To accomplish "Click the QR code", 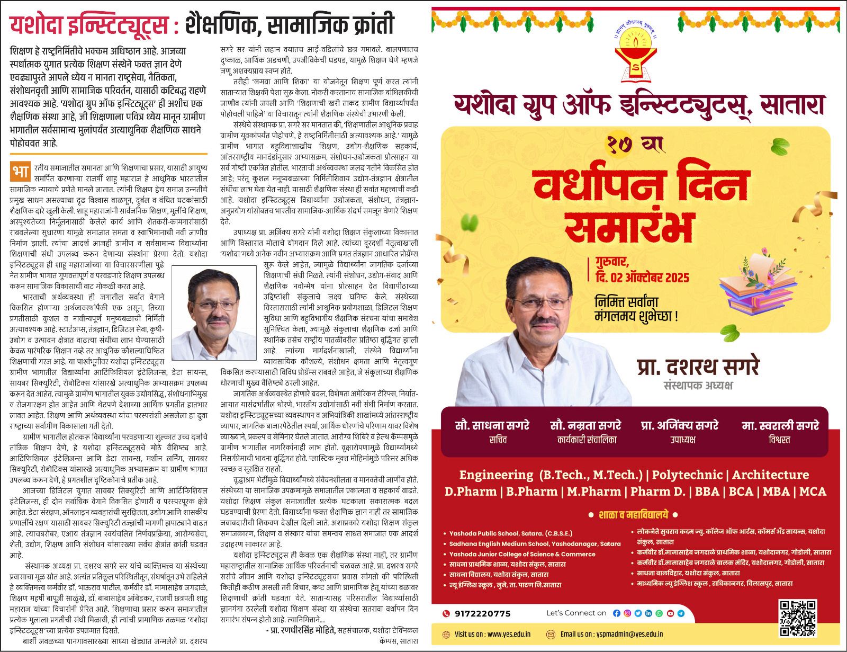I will tap(798, 618).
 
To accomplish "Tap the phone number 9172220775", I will tap(482, 613).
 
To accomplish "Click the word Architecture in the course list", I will tap(770, 475).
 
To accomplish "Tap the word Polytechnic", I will tap(690, 475).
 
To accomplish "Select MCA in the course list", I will tap(812, 492).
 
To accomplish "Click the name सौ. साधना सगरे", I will tap(492, 425).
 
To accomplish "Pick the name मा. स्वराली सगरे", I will tap(780, 425).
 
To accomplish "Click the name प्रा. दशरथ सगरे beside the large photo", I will tap(698, 367).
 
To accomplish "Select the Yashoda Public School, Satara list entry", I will tap(510, 533).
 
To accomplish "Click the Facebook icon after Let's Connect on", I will tap(616, 613).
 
